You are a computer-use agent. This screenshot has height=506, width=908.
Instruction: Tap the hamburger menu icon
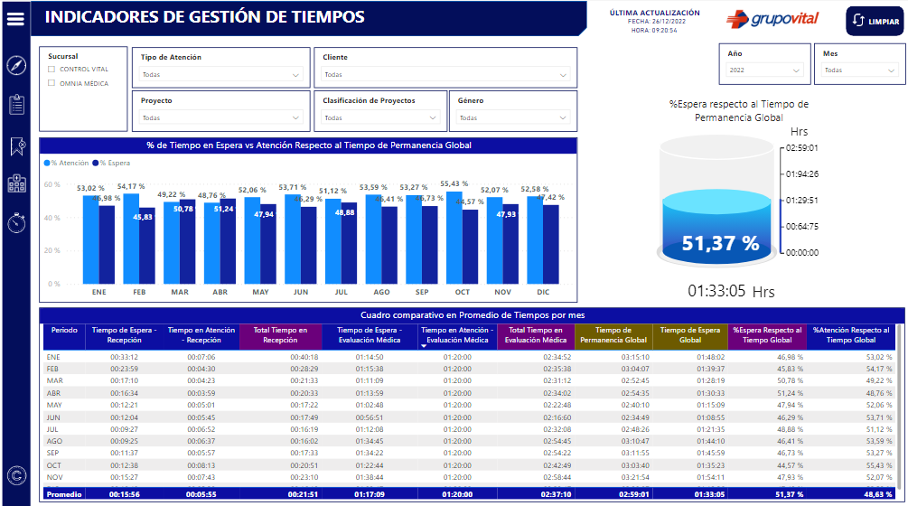[15, 18]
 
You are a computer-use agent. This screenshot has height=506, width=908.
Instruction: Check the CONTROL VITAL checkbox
[52, 69]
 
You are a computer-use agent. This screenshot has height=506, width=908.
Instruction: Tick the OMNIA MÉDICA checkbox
[52, 83]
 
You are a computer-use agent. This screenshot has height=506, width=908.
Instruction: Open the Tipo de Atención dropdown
[220, 75]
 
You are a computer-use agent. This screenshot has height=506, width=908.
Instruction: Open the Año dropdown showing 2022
[764, 70]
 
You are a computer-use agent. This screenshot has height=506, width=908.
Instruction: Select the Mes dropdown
[858, 70]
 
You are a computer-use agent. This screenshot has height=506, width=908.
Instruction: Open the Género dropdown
[512, 117]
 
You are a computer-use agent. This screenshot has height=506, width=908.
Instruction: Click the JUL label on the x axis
[341, 292]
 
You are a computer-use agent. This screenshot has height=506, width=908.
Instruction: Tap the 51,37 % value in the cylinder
[719, 243]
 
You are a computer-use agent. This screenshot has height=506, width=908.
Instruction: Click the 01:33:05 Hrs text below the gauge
[731, 292]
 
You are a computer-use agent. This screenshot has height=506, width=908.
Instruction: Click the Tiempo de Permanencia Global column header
[613, 335]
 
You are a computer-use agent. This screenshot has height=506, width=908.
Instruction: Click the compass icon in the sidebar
[15, 65]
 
